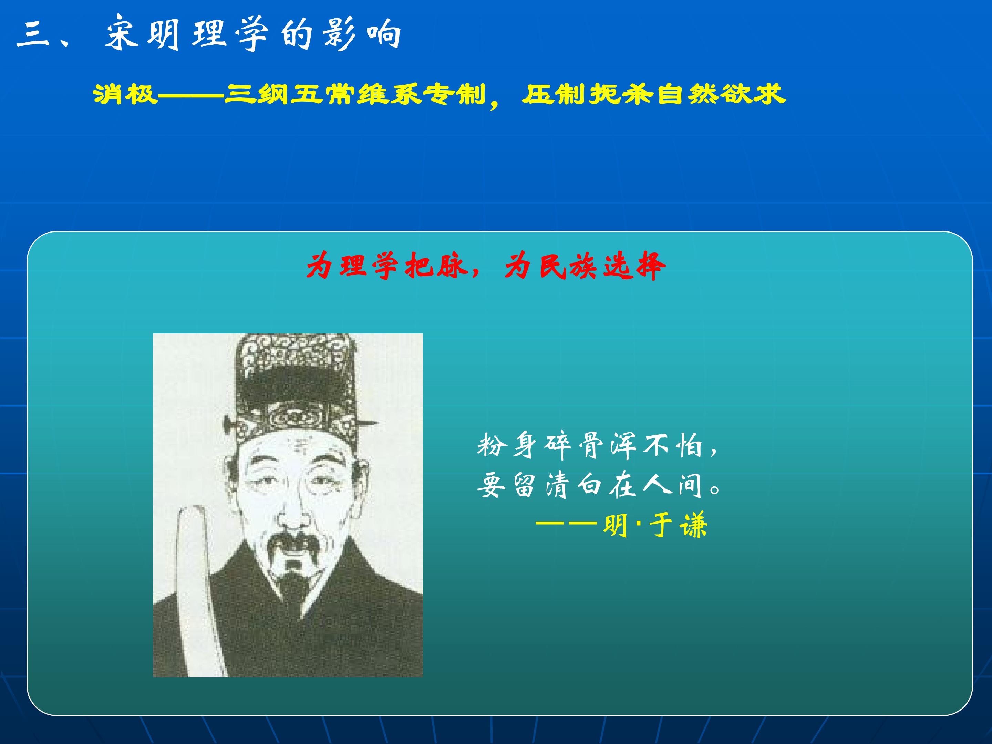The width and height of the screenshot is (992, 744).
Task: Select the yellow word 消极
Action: click(x=126, y=95)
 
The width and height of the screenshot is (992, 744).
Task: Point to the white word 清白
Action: click(x=575, y=485)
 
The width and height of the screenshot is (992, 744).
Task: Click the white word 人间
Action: click(x=673, y=485)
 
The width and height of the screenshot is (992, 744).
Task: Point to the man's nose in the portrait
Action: click(x=294, y=507)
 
